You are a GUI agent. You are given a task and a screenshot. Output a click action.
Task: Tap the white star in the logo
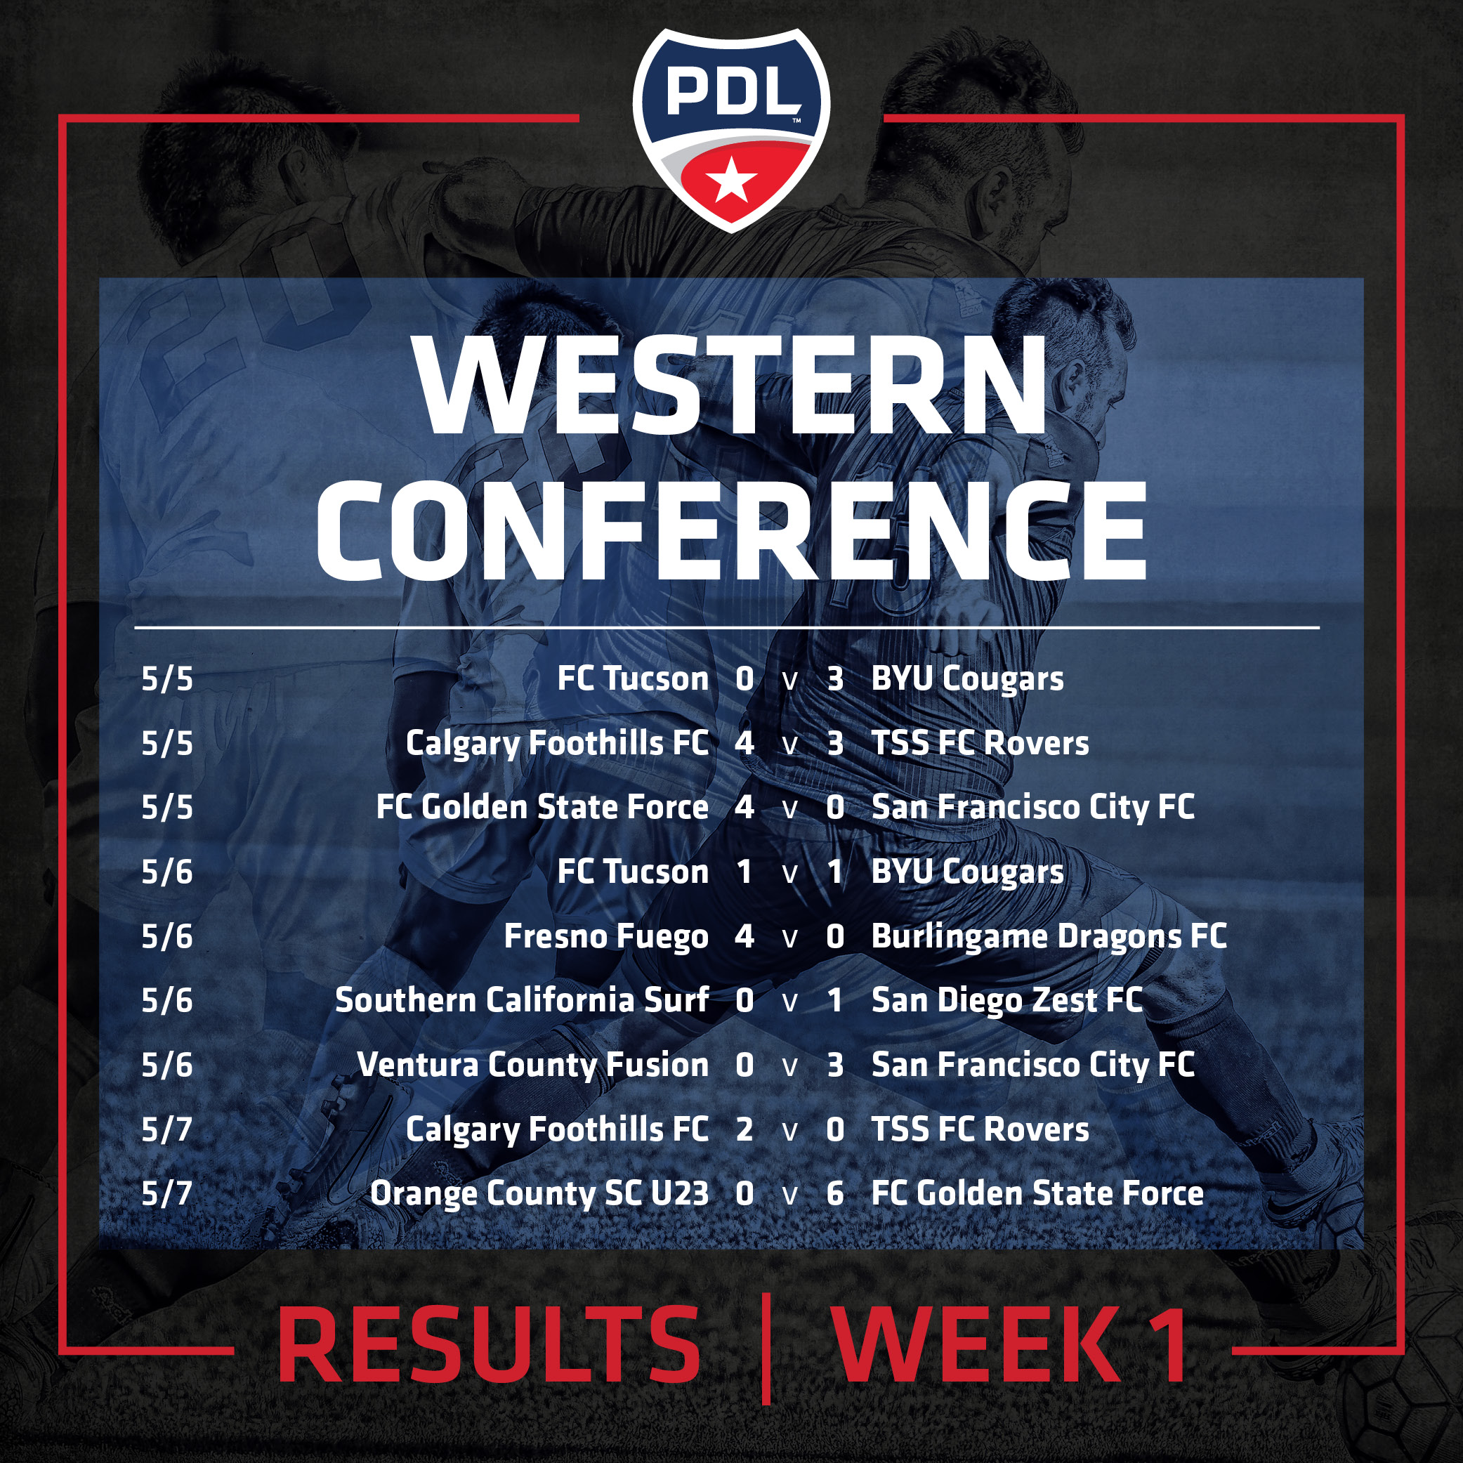pos(732,181)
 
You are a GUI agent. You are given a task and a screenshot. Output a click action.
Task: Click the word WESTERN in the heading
pos(732,386)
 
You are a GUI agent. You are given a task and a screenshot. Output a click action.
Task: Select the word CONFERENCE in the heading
pos(732,530)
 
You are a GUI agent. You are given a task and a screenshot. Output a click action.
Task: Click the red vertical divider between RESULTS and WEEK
pos(766,1349)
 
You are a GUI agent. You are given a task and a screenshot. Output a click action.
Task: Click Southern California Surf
pos(523,1000)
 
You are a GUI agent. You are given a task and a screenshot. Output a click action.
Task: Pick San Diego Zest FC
pos(1006,1001)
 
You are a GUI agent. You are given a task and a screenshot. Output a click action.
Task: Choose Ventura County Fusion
pos(533,1065)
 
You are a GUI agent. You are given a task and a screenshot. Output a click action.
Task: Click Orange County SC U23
pos(539,1194)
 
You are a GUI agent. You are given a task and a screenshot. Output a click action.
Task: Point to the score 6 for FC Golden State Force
pos(834,1194)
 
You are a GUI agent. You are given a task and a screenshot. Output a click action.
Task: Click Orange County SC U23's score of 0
pos(744,1194)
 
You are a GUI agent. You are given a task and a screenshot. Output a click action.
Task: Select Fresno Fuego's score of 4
pos(744,937)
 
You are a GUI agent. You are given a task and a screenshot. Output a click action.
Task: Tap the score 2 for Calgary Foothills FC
pos(744,1130)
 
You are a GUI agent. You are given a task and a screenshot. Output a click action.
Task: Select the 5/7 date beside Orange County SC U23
pos(167,1194)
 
